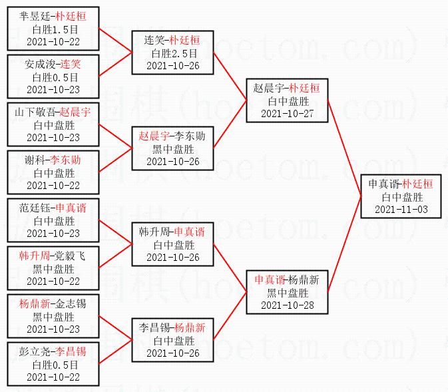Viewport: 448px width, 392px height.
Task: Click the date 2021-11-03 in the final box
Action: (x=401, y=209)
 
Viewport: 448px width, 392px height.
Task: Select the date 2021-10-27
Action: (x=287, y=113)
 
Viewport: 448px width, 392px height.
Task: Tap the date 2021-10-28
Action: (x=287, y=305)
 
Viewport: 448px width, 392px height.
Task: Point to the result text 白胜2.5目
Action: (x=172, y=53)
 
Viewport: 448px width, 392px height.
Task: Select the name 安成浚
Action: (x=41, y=65)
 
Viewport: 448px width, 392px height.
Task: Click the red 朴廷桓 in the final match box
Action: (x=417, y=184)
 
